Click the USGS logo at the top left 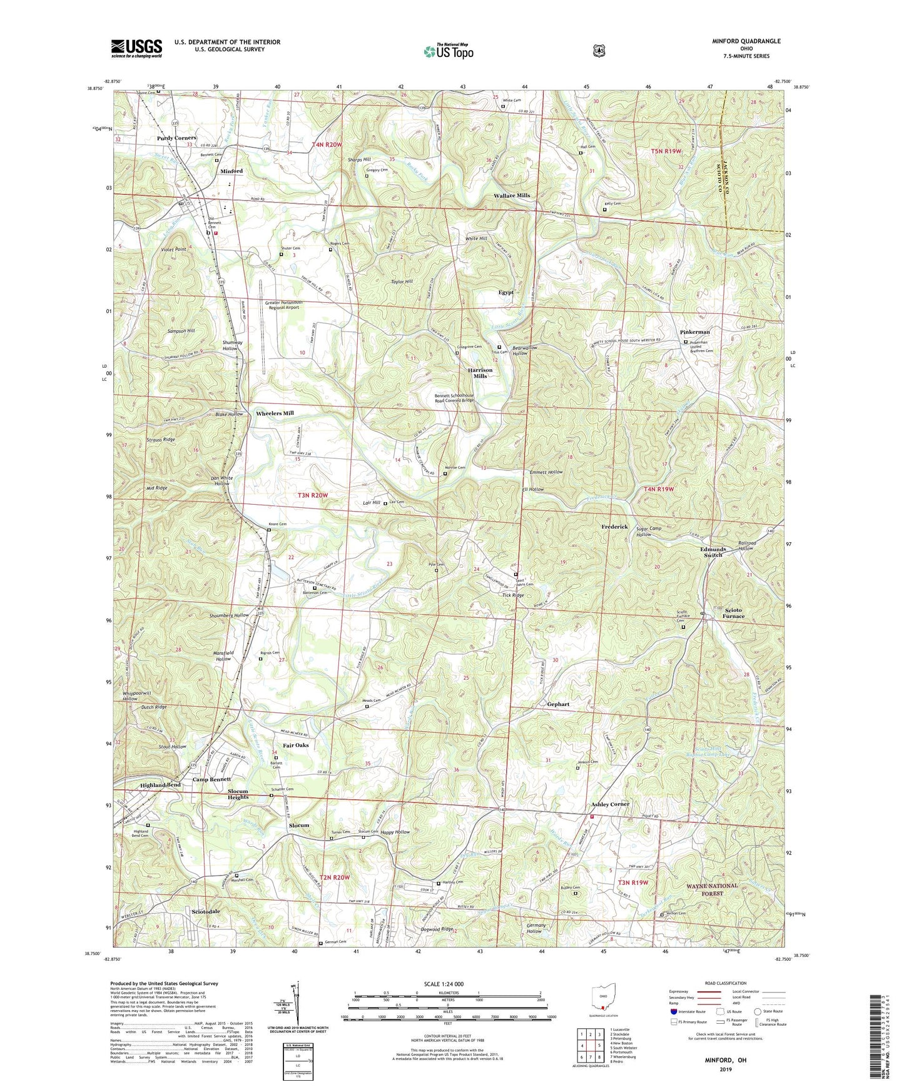(x=136, y=48)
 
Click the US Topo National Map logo (x=449, y=51)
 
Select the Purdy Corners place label (x=176, y=138)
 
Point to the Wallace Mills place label (x=511, y=196)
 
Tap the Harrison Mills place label (x=480, y=373)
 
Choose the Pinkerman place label (x=694, y=332)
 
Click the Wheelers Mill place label (x=275, y=413)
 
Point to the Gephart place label (x=558, y=704)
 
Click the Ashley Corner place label (x=610, y=804)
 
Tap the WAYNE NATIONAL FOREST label (x=712, y=889)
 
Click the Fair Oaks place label (x=295, y=746)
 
